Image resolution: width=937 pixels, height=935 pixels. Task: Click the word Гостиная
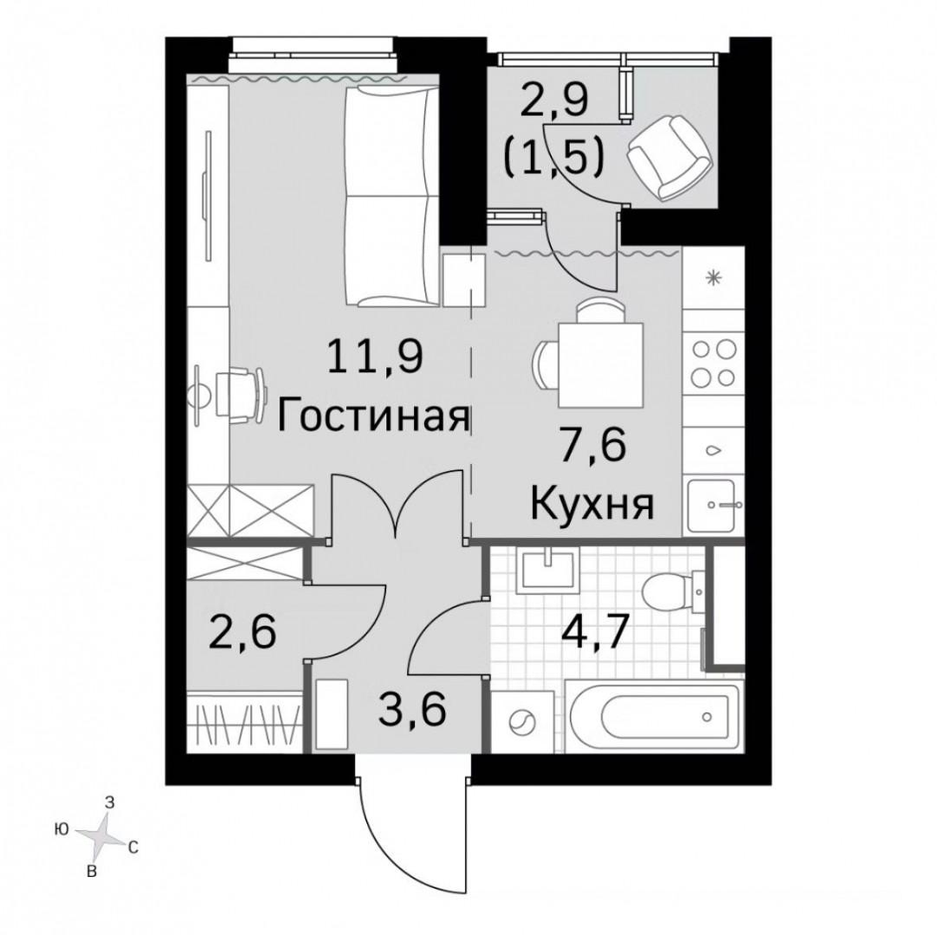[374, 417]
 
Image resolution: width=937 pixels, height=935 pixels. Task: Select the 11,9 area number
[376, 356]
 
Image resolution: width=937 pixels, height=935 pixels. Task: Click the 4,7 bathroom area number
[595, 630]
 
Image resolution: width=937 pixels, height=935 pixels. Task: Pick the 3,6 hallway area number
[413, 709]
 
